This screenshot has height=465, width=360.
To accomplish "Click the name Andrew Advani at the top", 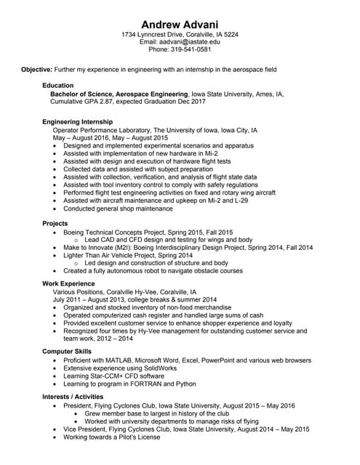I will pyautogui.click(x=180, y=24).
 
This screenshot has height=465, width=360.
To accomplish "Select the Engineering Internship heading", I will pyautogui.click(x=78, y=121).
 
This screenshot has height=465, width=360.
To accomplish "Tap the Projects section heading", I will pyautogui.click(x=55, y=223).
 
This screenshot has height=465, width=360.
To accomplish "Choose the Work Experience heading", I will pyautogui.click(x=68, y=283).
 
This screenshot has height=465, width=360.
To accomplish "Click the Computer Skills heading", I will pyautogui.click(x=67, y=352).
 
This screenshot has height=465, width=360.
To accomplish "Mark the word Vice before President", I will pyautogui.click(x=71, y=429).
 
